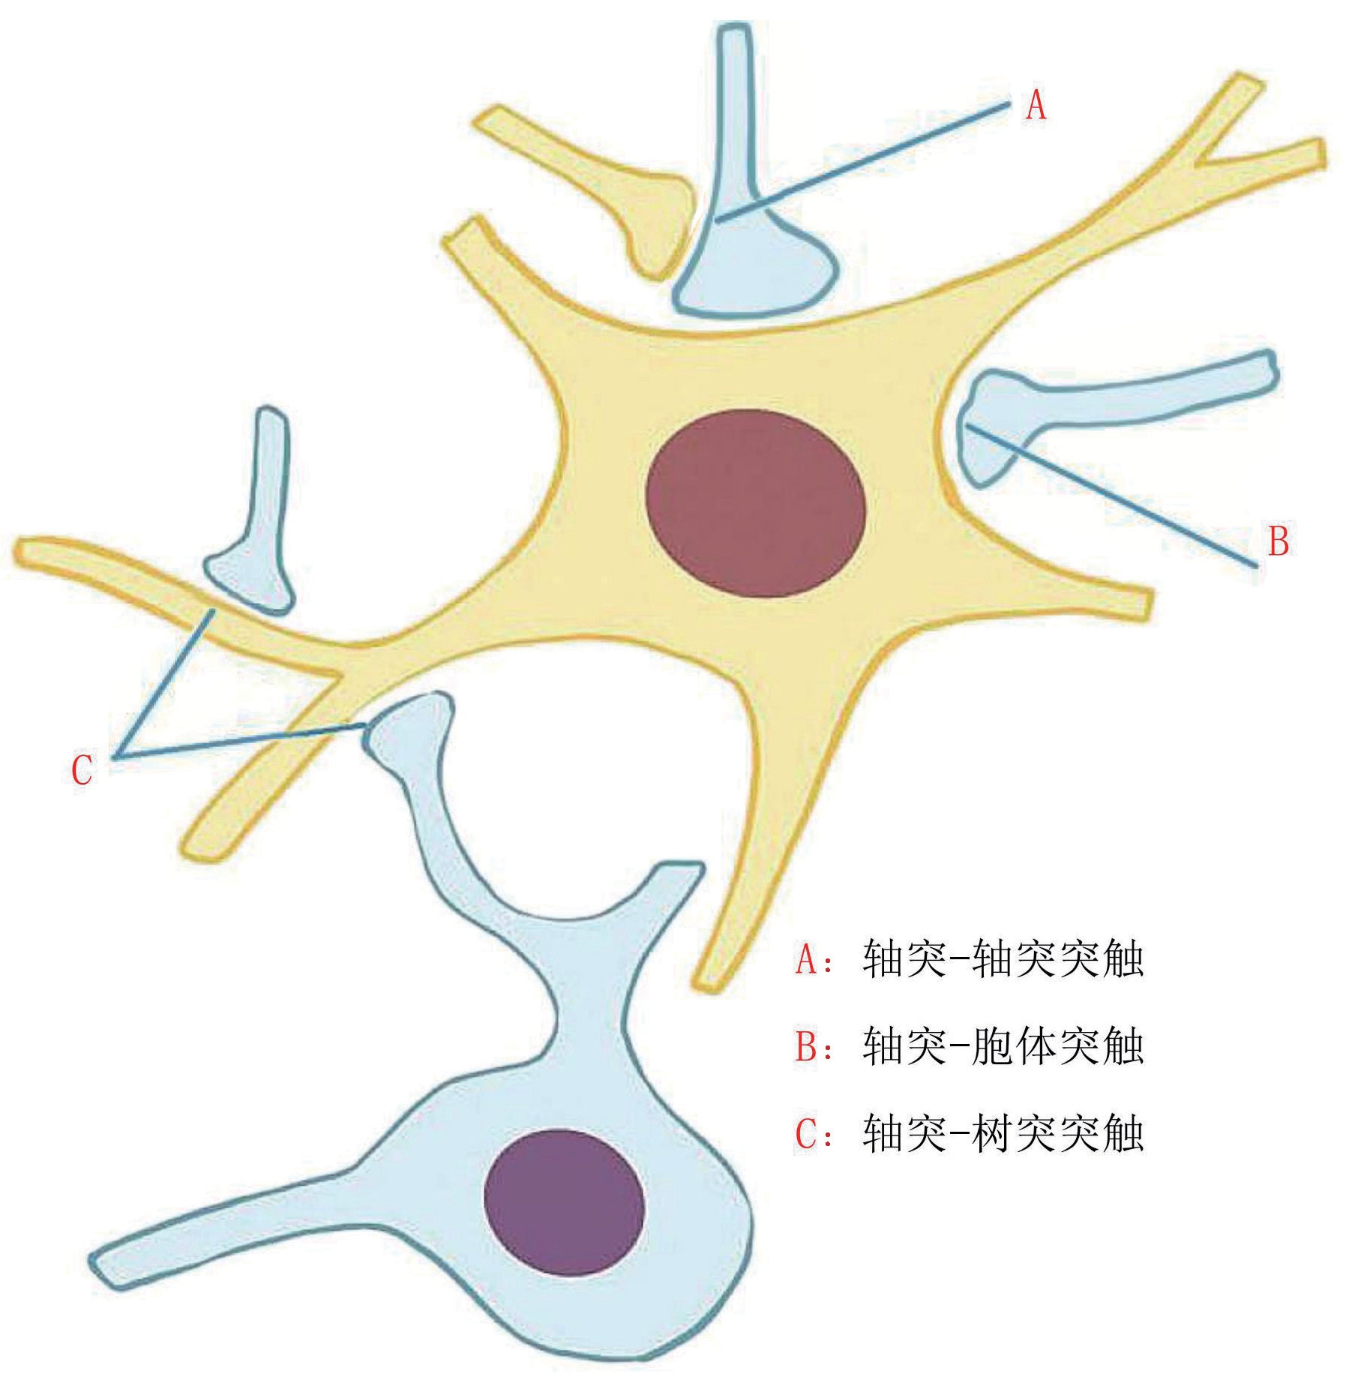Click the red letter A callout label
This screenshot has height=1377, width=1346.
[1036, 106]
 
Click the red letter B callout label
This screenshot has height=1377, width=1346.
[1279, 541]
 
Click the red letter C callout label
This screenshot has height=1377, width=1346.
[82, 769]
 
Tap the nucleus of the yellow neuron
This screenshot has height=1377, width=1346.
[756, 503]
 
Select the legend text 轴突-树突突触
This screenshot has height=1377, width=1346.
[1003, 1133]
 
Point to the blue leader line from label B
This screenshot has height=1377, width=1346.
[1110, 495]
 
